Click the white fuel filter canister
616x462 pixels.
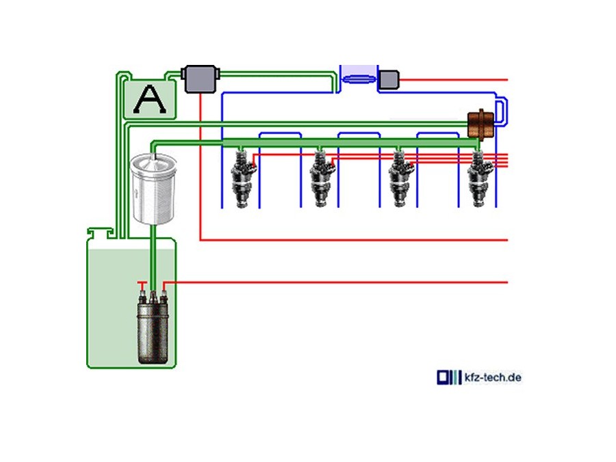pos(154,190)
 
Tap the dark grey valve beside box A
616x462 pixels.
pos(199,78)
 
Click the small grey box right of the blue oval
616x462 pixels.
pos(389,79)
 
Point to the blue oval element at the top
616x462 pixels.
pos(359,79)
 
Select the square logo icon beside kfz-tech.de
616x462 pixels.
pos(445,377)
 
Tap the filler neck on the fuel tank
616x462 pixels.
pos(99,234)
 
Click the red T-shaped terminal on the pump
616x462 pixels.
pos(142,283)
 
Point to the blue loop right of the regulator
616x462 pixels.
pos(504,111)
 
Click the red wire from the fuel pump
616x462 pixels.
pos(342,282)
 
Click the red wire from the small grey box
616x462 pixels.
pos(452,80)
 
